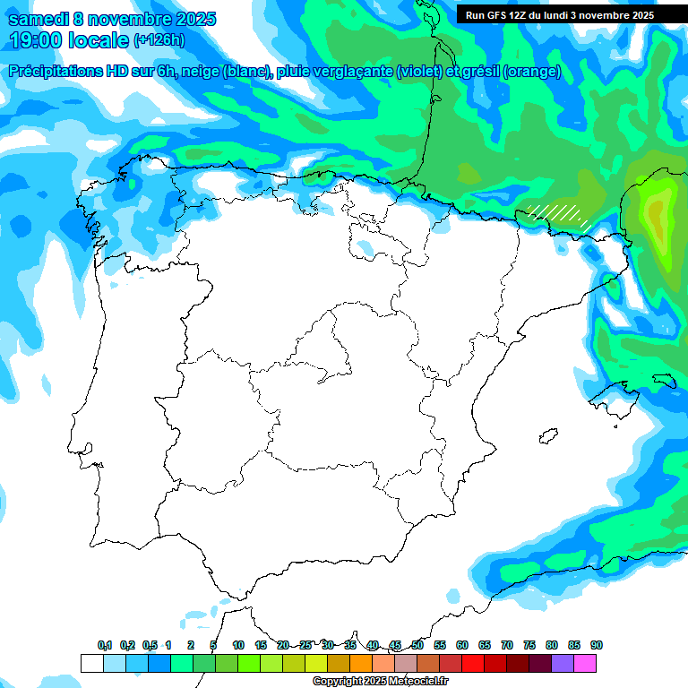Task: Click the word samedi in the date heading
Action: pyautogui.click(x=38, y=19)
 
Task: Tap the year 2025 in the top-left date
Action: pyautogui.click(x=189, y=19)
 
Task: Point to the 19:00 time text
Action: pyautogui.click(x=39, y=40)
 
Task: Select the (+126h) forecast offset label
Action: pyautogui.click(x=160, y=40)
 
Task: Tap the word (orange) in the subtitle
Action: pyautogui.click(x=532, y=72)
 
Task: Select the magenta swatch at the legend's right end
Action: pyautogui.click(x=585, y=664)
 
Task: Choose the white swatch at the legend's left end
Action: pyautogui.click(x=91, y=664)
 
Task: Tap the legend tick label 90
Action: pyautogui.click(x=597, y=645)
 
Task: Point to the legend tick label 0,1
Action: pyautogui.click(x=105, y=645)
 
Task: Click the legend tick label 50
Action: pyautogui.click(x=417, y=645)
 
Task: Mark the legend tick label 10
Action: pyautogui.click(x=238, y=645)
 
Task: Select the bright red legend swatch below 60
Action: pyautogui.click(x=473, y=664)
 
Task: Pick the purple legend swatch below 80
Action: pyautogui.click(x=563, y=664)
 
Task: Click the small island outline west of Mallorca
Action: pyautogui.click(x=545, y=437)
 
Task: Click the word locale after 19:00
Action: pyautogui.click(x=97, y=40)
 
